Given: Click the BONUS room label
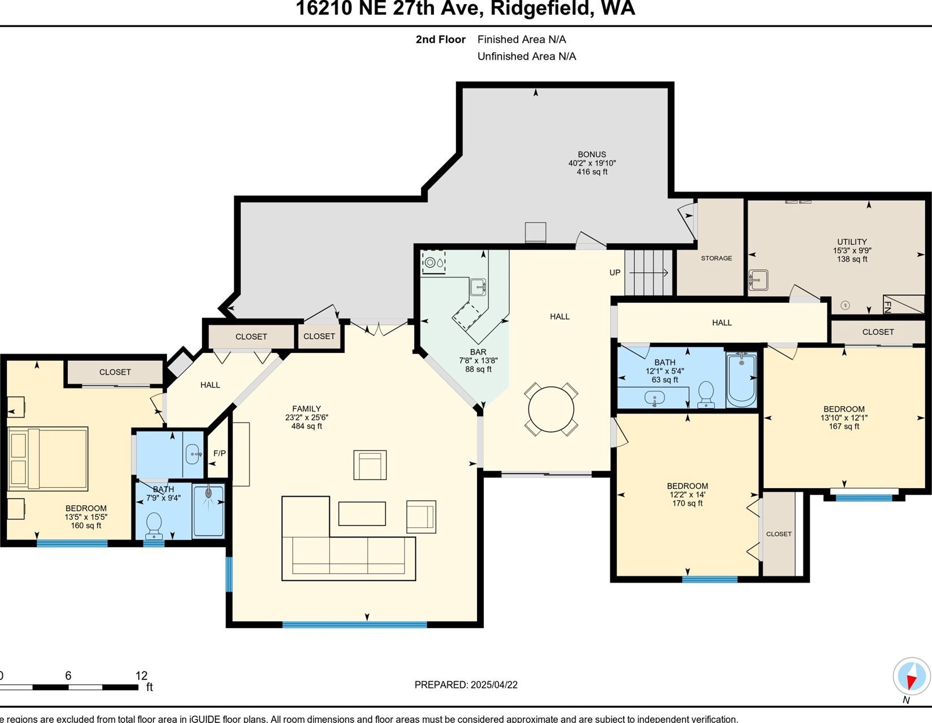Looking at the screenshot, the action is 592,154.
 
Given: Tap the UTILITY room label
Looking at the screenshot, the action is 852,242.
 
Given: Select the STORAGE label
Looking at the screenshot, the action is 716,258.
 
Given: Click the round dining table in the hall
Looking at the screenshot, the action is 551,409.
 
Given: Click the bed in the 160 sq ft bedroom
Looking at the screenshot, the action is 48,459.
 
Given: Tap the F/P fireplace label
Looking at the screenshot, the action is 220,453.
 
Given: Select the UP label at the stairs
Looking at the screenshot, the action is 615,273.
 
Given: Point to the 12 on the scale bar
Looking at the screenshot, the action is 141,676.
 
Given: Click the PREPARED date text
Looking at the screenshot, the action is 466,685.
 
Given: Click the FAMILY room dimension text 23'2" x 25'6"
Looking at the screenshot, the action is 307,418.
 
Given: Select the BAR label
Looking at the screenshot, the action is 478,352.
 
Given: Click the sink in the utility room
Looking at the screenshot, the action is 758,280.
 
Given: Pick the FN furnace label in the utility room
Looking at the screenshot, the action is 887,307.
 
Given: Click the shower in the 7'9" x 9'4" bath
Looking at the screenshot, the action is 208,511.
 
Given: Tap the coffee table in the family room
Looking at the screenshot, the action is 362,514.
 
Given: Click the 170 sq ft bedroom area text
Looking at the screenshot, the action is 688,503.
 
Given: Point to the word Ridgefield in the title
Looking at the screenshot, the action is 542,8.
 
